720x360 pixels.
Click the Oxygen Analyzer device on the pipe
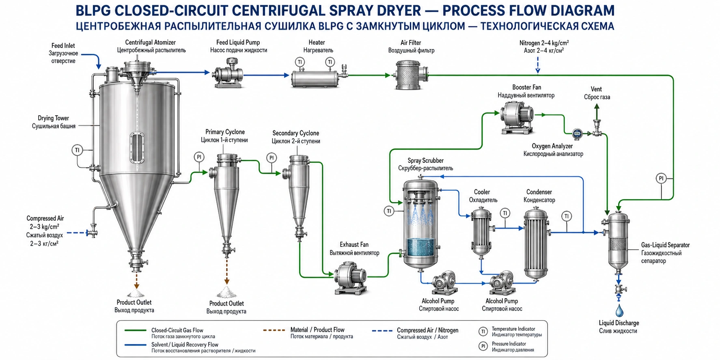(577, 133)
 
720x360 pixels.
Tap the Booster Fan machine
(517, 117)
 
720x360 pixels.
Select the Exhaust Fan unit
(351, 278)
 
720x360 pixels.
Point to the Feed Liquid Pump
(228, 73)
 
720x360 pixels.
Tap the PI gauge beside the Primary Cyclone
(199, 157)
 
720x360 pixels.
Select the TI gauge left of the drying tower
(77, 150)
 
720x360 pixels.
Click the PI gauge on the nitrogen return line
(661, 178)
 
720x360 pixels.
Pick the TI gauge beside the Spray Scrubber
(389, 211)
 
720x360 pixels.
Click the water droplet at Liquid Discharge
(619, 310)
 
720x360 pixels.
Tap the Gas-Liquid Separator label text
(665, 253)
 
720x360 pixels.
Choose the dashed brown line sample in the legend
(274, 330)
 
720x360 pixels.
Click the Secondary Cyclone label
(296, 137)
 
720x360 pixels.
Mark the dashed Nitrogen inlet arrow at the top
(538, 65)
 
